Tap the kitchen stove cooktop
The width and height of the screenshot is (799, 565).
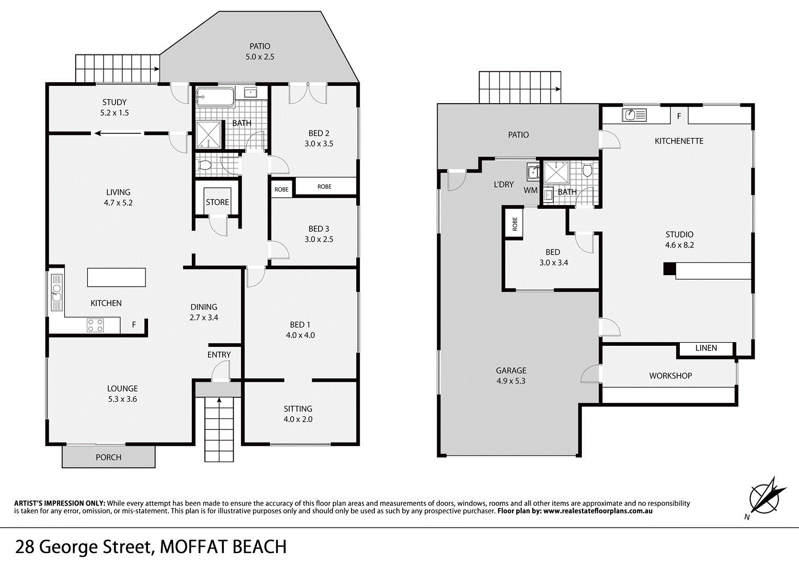[95, 325]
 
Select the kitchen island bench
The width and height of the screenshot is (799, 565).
[116, 277]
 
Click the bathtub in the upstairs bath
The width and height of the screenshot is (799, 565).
[215, 97]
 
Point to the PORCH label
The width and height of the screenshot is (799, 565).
[108, 457]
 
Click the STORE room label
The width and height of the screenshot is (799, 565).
[217, 202]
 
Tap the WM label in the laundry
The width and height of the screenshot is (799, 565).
[530, 190]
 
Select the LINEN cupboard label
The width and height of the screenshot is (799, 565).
[706, 348]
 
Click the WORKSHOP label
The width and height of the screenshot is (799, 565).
[670, 376]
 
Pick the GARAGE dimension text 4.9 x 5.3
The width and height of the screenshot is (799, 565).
[511, 381]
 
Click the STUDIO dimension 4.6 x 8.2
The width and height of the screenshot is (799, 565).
[679, 245]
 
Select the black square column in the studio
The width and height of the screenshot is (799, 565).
[669, 268]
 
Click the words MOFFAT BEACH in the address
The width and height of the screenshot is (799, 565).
[223, 547]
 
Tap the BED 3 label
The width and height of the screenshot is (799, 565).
[318, 229]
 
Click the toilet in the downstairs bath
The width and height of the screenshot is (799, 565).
[587, 170]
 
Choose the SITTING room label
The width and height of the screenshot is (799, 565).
[298, 409]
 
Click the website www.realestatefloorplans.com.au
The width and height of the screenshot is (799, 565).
[598, 511]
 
